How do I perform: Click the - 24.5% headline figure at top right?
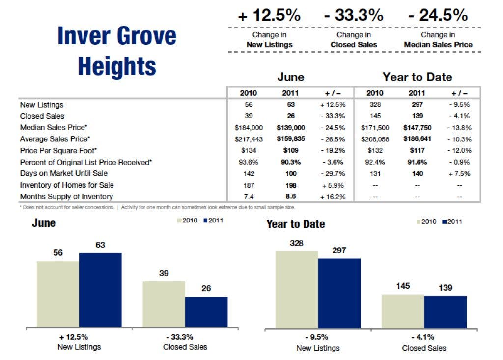[438, 15]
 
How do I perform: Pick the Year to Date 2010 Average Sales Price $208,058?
[375, 139]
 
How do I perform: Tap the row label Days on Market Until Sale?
[63, 173]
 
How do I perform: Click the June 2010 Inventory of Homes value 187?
[248, 185]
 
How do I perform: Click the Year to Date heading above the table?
[417, 77]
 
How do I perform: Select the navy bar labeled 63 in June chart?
[100, 290]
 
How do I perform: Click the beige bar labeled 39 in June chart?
[164, 304]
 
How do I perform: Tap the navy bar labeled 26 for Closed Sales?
[206, 311]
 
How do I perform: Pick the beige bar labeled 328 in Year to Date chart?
[297, 289]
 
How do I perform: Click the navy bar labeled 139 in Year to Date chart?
[446, 311]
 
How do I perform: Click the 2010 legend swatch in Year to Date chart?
[419, 222]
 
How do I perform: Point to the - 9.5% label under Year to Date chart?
[318, 337]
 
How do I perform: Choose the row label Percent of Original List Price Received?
[86, 162]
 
